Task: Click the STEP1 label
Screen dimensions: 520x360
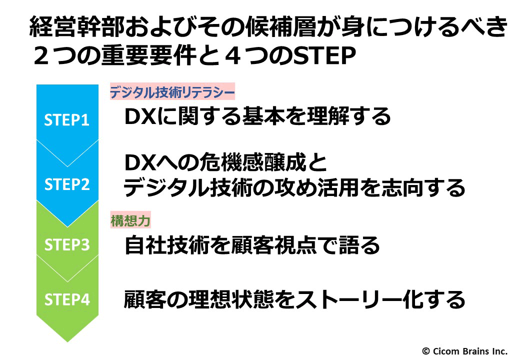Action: (66, 119)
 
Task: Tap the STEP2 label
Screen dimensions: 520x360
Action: (67, 184)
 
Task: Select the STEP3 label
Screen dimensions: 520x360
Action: (67, 244)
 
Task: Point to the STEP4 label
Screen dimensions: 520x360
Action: (67, 299)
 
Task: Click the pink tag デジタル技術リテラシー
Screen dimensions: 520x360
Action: (172, 91)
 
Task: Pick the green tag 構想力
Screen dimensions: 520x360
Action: (130, 220)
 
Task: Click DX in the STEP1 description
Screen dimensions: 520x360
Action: (140, 116)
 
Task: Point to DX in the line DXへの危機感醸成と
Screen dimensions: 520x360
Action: (140, 162)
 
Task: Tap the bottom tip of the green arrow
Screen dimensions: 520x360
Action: (67, 342)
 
